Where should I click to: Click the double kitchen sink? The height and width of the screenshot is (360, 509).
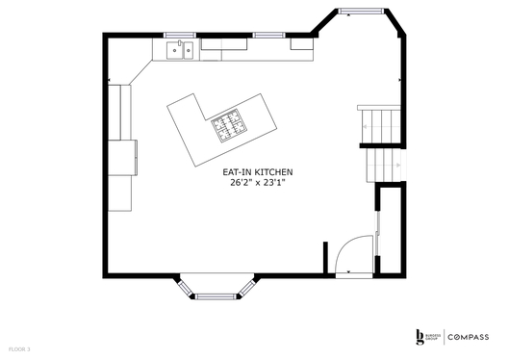(180, 49)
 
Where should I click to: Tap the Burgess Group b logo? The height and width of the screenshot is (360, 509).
(420, 336)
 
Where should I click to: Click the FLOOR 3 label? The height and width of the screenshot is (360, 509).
(18, 347)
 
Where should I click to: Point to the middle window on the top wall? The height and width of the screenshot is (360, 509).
(266, 35)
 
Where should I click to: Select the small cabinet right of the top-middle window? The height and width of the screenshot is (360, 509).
(302, 44)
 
